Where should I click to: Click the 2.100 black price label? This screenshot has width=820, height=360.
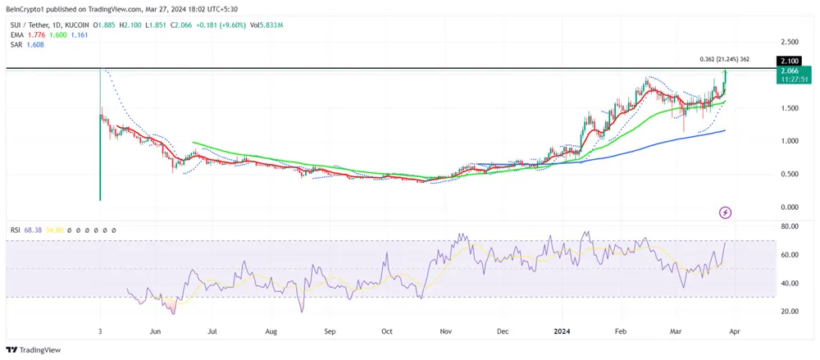(789, 61)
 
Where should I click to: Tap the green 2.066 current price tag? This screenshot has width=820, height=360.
(789, 71)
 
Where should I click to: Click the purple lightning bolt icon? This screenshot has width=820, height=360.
(725, 213)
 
